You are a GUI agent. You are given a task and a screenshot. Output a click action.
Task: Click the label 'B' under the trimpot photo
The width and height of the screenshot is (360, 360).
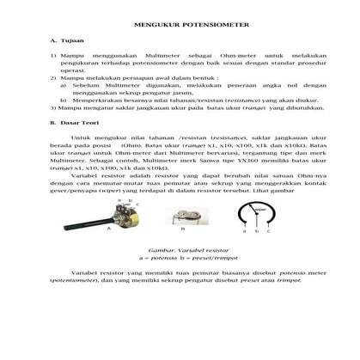[x=182, y=229]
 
